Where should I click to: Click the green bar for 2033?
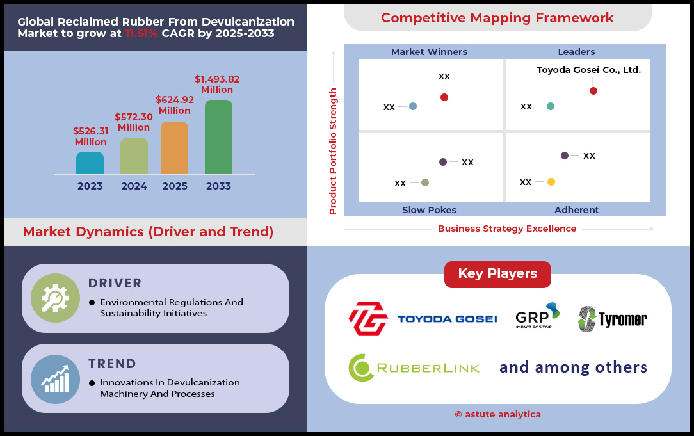point(218,137)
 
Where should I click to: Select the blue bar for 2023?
point(90,163)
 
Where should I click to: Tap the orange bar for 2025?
point(174,148)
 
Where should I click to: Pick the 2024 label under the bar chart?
point(134,186)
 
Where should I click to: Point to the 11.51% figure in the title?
point(141,34)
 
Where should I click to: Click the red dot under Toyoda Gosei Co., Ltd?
point(593,91)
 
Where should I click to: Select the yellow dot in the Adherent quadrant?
point(551,181)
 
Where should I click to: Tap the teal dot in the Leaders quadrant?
point(551,106)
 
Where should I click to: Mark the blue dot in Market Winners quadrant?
point(413,106)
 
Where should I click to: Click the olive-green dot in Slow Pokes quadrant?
point(425,182)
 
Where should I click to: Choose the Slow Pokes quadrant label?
point(430,210)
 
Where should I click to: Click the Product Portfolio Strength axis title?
point(333,151)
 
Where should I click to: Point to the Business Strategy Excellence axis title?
point(507,229)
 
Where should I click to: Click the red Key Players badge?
point(497,274)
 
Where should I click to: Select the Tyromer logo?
point(613,319)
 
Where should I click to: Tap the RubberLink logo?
point(414,368)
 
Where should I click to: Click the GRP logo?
point(537,316)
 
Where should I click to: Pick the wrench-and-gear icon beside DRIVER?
point(55,298)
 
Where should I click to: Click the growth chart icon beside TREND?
point(55,380)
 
